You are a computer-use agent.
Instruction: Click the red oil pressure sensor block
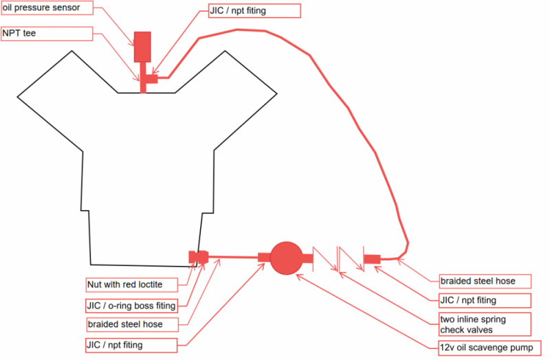[x=142, y=46]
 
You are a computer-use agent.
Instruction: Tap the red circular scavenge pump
[x=286, y=258]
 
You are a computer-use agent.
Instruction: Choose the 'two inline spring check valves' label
[x=485, y=324]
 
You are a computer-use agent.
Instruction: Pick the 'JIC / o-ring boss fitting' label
[x=131, y=304]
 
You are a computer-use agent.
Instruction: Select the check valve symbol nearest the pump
[x=322, y=258]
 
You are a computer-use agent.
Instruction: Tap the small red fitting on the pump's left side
[x=264, y=258]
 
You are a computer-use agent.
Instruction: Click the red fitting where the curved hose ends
[x=372, y=258]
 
